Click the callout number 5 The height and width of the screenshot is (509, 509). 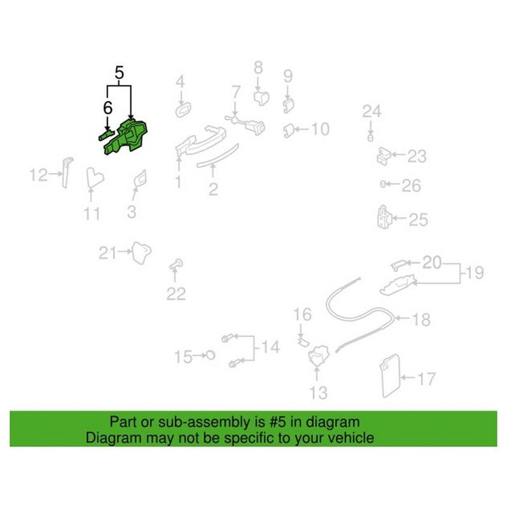coord(119,73)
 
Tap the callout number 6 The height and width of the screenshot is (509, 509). coord(108,108)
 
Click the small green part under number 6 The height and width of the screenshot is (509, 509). coord(106,134)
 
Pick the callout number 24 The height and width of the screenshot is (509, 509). coord(372,111)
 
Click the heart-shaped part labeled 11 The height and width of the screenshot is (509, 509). coord(95,178)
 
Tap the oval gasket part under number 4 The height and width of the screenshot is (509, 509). coord(183,109)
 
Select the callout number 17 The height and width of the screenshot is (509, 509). coord(426,379)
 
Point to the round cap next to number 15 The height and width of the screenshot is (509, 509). coord(211,355)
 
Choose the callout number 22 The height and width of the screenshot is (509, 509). coord(176,294)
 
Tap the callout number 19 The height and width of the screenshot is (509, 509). coord(475,272)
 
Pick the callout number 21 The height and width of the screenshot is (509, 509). coord(108,253)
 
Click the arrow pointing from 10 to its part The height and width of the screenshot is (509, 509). coord(300,129)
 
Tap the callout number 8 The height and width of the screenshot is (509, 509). coord(258,68)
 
